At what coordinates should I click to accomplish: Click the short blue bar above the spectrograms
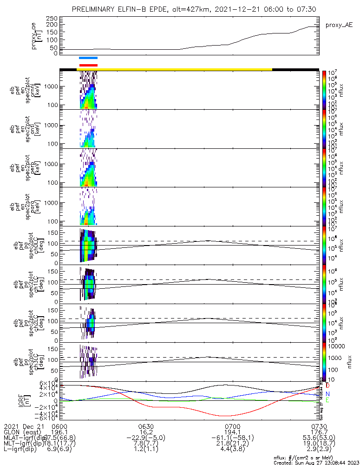[x=88, y=58]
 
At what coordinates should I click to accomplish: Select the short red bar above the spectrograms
[x=88, y=65]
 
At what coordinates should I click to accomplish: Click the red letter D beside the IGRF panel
[x=327, y=385]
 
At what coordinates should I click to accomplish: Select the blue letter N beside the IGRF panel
[x=327, y=393]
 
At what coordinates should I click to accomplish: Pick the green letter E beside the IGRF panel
[x=327, y=401]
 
